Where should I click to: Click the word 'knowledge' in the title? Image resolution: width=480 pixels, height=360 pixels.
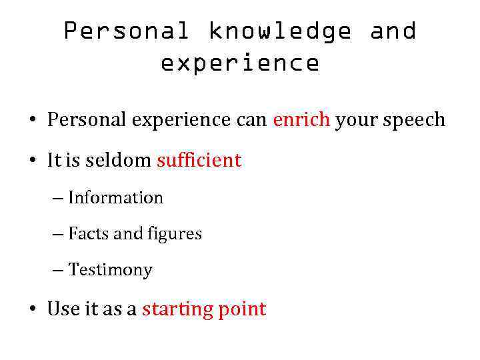(x=280, y=31)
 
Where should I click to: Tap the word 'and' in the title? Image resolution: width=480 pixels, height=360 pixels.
(x=393, y=31)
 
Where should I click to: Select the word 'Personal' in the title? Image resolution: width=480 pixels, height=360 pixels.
(x=126, y=31)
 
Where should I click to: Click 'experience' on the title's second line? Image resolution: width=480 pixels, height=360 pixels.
(x=240, y=63)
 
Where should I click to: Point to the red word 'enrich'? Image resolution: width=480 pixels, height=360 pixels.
(x=301, y=120)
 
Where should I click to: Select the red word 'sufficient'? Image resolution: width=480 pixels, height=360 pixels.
(x=199, y=160)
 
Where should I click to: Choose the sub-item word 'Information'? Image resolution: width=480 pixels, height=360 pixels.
(x=115, y=198)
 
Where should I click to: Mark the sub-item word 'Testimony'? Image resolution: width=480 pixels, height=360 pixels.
(x=110, y=270)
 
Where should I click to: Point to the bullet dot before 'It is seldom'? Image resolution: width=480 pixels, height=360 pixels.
(x=32, y=161)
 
